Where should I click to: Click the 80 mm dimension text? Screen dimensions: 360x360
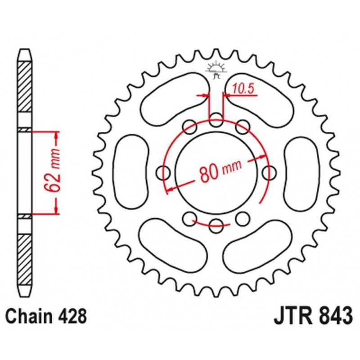coord(220,171)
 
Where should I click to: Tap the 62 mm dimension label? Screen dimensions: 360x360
coord(52,170)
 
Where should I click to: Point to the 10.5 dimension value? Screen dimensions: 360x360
coord(243,88)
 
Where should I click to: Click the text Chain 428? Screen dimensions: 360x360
coord(46,316)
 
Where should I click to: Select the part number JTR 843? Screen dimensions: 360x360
coord(313,316)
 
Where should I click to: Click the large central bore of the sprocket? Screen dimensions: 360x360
coord(216,173)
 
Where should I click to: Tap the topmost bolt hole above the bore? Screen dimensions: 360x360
coord(216,120)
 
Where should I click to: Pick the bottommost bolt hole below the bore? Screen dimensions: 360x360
coord(216,226)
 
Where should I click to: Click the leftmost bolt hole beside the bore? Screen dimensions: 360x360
coord(163,173)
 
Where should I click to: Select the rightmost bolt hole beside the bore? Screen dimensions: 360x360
coord(269,173)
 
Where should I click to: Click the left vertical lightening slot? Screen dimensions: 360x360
coord(131,172)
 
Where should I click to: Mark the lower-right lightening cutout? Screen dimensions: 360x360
coord(257,247)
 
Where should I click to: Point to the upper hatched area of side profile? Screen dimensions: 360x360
coord(25,87)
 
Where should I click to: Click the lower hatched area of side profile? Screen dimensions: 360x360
coord(25,260)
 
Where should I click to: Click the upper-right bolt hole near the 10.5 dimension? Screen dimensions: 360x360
coord(243,127)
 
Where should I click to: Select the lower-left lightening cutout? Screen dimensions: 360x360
coord(173,245)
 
